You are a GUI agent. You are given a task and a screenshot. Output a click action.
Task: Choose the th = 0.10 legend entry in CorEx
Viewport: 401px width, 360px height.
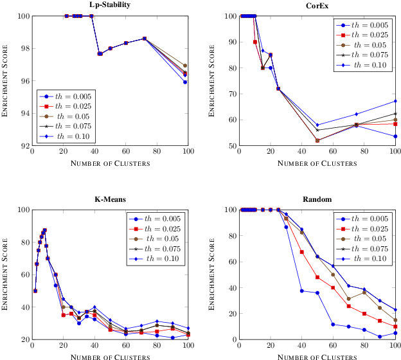(367, 66)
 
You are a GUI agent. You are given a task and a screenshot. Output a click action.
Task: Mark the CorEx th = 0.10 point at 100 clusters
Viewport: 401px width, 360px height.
(395, 101)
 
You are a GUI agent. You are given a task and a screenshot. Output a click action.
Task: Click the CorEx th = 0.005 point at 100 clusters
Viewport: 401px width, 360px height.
(395, 136)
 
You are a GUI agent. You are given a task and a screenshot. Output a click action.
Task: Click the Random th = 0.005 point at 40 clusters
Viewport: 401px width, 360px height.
(301, 291)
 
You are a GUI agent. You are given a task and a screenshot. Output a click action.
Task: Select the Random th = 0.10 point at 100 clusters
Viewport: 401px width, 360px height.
(395, 309)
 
